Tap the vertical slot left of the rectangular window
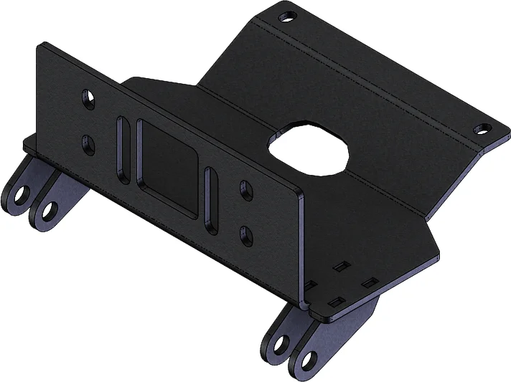pos(124,153)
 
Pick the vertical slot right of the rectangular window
pos(210,201)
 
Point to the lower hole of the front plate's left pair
pos(88,143)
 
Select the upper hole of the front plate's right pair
pos(245,190)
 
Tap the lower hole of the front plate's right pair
pos(245,234)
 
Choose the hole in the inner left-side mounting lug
pos(48,211)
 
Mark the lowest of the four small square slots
pos(336,300)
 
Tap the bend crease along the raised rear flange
pos(373,79)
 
